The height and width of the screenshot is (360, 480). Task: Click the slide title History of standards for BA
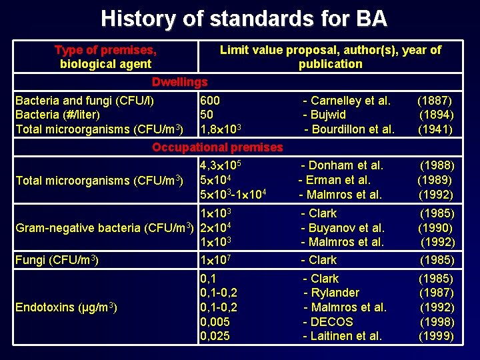coord(243,18)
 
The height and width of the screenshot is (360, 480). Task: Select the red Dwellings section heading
coord(179,82)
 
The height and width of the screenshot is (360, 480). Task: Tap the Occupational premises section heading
coord(217,147)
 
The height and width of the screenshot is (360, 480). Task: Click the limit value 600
coord(210,101)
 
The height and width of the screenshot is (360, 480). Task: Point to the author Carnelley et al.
coord(347,101)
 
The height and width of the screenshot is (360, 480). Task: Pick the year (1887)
coord(435,101)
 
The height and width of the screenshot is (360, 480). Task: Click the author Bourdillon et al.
coord(349,129)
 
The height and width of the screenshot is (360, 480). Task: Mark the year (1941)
coord(435,129)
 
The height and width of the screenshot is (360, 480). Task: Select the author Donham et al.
coord(342,165)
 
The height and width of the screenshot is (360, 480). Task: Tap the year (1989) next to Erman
coord(435,180)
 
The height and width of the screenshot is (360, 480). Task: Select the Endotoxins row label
coord(67,307)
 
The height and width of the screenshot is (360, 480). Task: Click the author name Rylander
coord(331,293)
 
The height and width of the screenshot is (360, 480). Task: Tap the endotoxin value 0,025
coord(215,336)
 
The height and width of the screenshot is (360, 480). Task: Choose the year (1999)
coord(436,336)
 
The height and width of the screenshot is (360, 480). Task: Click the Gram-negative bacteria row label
coord(104,228)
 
